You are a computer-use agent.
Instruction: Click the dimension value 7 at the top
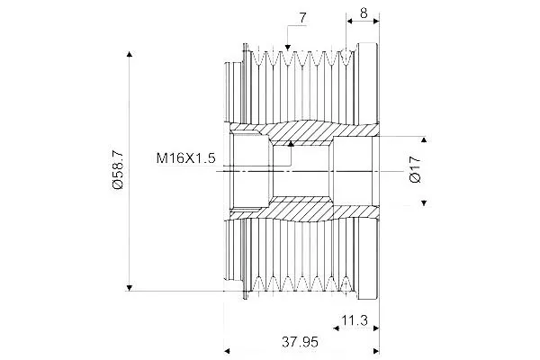point(302,18)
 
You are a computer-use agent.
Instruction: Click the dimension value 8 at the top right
point(364,13)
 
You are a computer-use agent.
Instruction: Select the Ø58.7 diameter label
point(118,169)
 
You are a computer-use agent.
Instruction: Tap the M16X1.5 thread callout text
point(185,158)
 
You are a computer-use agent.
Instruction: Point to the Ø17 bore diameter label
point(415,169)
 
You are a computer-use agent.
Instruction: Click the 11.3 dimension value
point(355,320)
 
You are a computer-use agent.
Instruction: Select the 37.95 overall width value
point(300,342)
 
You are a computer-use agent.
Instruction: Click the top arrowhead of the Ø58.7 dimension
point(129,54)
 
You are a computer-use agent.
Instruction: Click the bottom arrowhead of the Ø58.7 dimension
point(129,288)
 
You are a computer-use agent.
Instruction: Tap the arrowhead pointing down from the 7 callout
point(288,47)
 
